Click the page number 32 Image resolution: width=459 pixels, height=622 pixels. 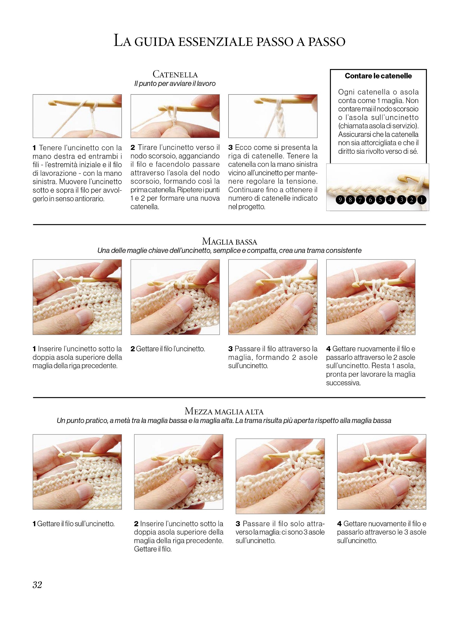[37, 584]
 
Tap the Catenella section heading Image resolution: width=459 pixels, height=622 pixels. [175, 74]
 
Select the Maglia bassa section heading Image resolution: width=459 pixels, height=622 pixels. [229, 241]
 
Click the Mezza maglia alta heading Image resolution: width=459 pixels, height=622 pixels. [224, 412]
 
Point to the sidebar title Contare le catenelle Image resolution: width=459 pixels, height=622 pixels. [378, 76]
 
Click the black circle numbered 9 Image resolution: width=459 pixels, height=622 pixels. [340, 200]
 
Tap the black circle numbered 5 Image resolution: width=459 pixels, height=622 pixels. [380, 200]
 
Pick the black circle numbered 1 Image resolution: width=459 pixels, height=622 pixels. [421, 200]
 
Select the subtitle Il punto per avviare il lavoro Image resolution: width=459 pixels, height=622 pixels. [175, 84]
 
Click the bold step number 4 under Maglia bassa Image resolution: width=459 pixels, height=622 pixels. [329, 349]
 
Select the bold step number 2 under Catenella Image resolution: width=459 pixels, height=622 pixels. [133, 147]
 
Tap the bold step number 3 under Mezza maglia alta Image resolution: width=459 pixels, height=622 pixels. [238, 524]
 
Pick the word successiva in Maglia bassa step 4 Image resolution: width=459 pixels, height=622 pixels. [343, 383]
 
